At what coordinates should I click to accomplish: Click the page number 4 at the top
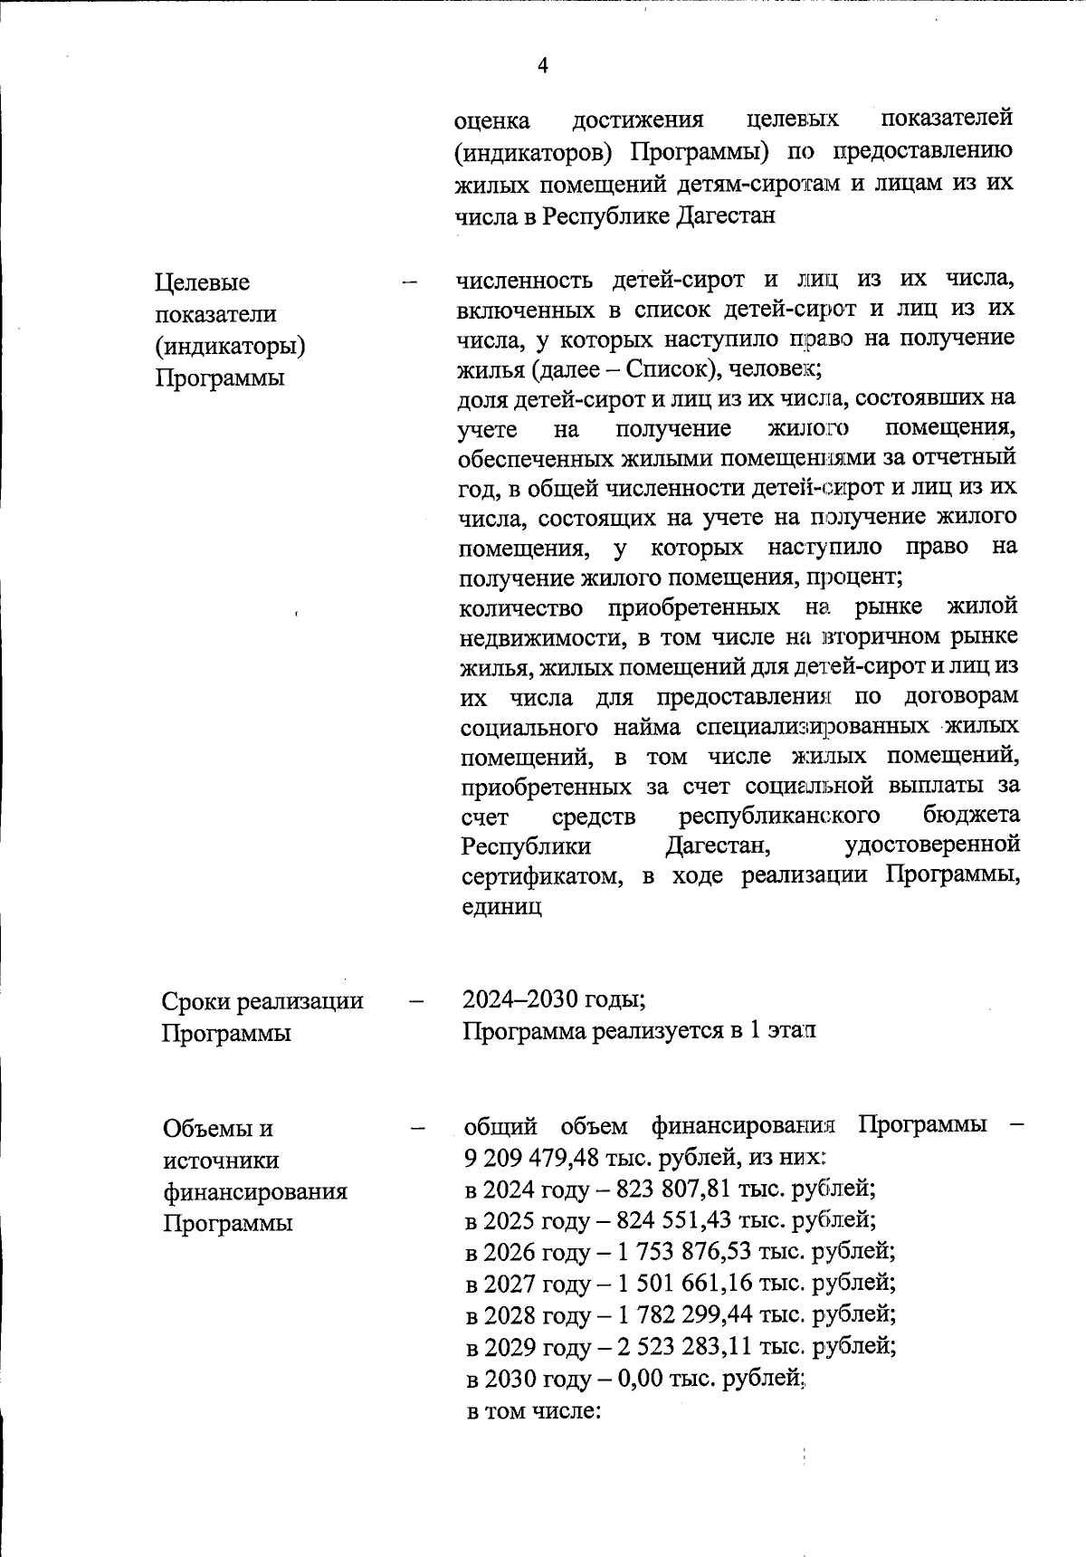(x=543, y=66)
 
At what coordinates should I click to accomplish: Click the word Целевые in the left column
(x=202, y=282)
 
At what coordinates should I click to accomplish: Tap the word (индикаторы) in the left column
(x=230, y=346)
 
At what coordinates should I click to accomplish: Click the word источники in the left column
(x=221, y=1160)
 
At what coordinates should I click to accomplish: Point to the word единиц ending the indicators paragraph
(x=501, y=906)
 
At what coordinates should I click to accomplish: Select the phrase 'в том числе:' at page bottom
(x=533, y=1410)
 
